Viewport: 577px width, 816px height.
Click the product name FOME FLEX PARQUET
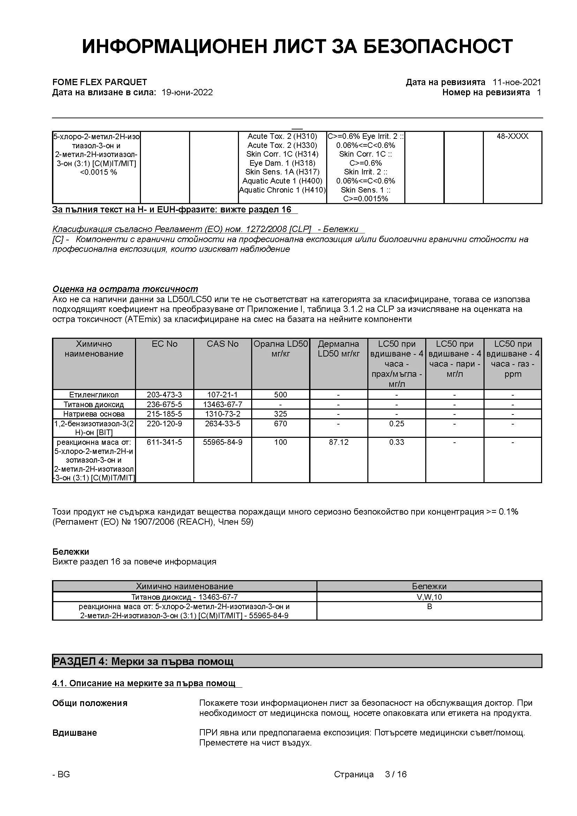tap(99, 82)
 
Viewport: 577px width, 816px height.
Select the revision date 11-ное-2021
tap(517, 82)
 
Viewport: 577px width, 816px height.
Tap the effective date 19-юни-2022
tap(187, 92)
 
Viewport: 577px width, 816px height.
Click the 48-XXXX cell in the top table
tap(512, 136)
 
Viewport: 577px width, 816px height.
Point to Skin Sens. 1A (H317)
tap(283, 172)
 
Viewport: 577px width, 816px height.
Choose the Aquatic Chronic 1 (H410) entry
tap(283, 190)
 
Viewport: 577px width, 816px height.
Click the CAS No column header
tap(223, 344)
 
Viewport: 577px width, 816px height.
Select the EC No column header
tap(165, 344)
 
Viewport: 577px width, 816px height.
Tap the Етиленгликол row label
tap(94, 395)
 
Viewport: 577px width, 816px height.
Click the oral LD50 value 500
tap(280, 395)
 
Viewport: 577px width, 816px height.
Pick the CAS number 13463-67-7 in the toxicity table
tap(223, 404)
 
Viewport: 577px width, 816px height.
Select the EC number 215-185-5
tap(165, 414)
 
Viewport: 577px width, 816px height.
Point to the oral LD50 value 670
tap(280, 423)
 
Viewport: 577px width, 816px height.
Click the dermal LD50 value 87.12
tap(339, 442)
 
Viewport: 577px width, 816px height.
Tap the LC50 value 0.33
tap(397, 442)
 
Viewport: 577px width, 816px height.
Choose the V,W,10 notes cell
tap(429, 597)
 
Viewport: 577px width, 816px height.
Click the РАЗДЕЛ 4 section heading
tap(143, 661)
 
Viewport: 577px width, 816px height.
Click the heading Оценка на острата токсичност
tap(125, 289)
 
